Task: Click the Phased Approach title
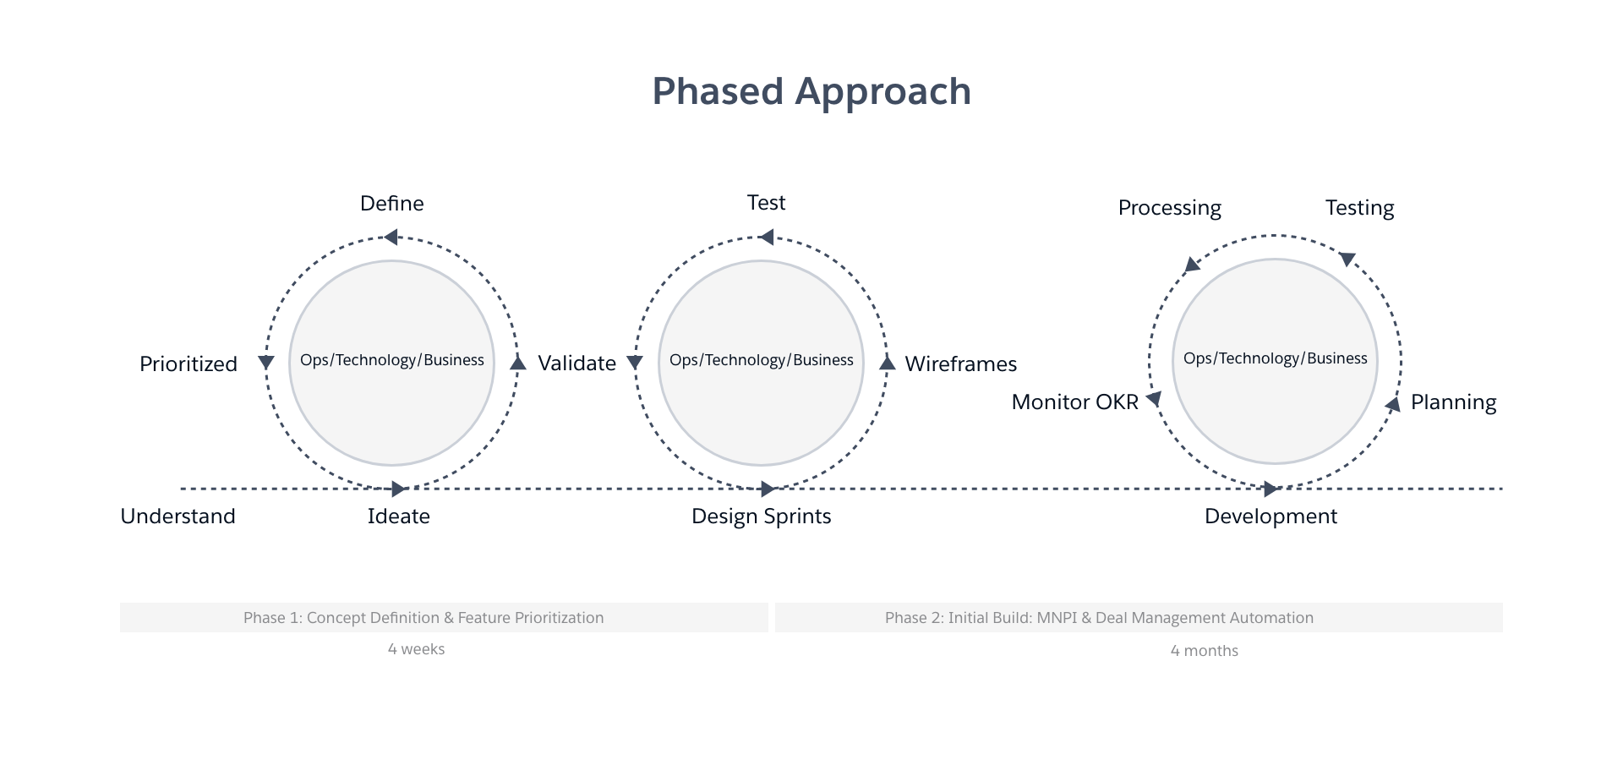pyautogui.click(x=811, y=91)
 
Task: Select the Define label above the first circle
pyautogui.click(x=391, y=204)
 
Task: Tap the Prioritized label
pyautogui.click(x=188, y=364)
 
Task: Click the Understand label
pyautogui.click(x=178, y=516)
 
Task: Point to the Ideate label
pyautogui.click(x=398, y=516)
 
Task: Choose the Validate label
pyautogui.click(x=577, y=363)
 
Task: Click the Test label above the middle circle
pyautogui.click(x=766, y=203)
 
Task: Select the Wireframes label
pyautogui.click(x=960, y=364)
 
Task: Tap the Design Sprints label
pyautogui.click(x=761, y=516)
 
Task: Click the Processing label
pyautogui.click(x=1169, y=208)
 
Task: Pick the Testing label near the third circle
pyautogui.click(x=1359, y=208)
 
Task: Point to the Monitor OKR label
pyautogui.click(x=1074, y=402)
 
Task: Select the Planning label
pyautogui.click(x=1453, y=402)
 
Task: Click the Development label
pyautogui.click(x=1271, y=516)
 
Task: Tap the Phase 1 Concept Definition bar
pyautogui.click(x=444, y=618)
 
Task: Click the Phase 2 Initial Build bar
pyautogui.click(x=1138, y=618)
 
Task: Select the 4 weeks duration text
pyautogui.click(x=416, y=649)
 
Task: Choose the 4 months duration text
pyautogui.click(x=1204, y=651)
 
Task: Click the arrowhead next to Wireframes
pyautogui.click(x=887, y=363)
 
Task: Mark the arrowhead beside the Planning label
pyautogui.click(x=1392, y=405)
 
